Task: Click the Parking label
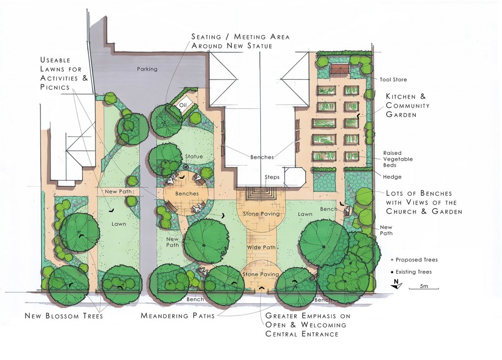coord(147,69)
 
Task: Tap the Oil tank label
coord(183,106)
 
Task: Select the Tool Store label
coord(393,79)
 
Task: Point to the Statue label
coord(194,156)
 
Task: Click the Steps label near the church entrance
coord(272,177)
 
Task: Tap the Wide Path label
coord(261,247)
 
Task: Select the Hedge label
coord(392,177)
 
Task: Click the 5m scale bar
coord(424,288)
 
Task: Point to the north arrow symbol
coord(396,284)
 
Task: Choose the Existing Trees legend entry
coord(411,272)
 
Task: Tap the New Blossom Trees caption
coord(64,316)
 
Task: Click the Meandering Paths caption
coord(177,315)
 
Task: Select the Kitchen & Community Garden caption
coord(407,105)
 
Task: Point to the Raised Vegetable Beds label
coord(398,159)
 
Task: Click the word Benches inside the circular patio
coord(187,193)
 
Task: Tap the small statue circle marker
coord(186,167)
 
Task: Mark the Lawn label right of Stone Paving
coord(305,214)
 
